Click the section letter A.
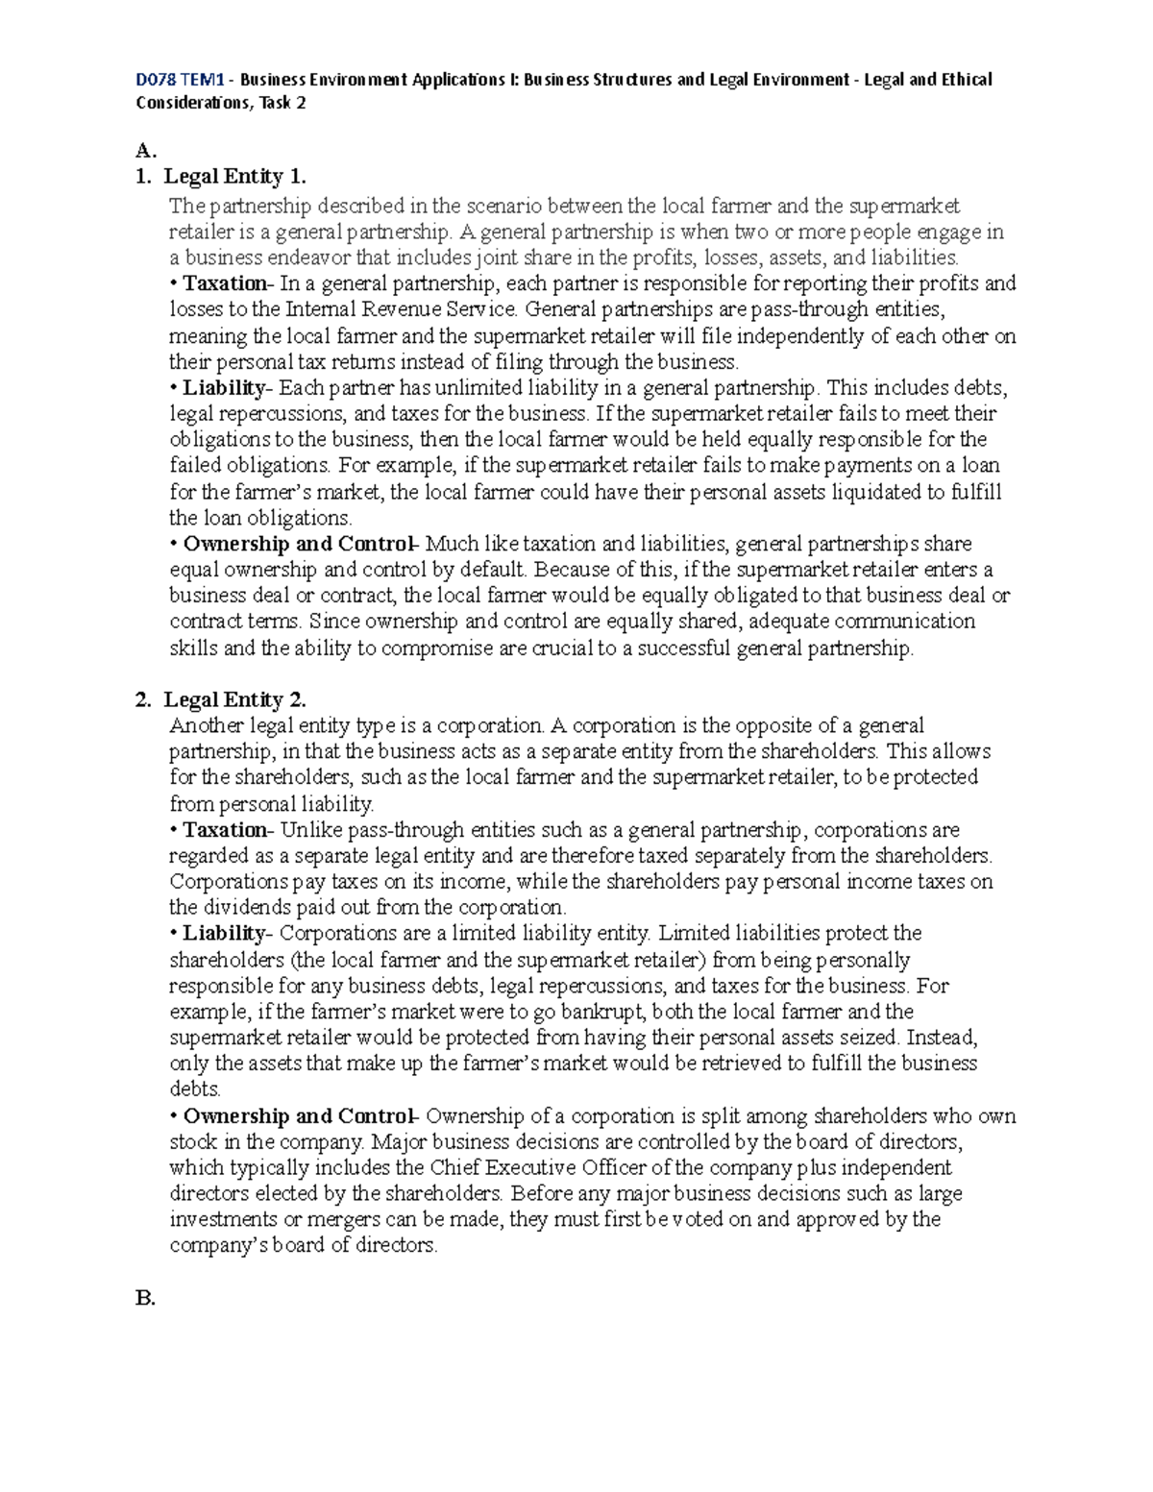(145, 150)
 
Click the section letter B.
(145, 1298)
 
